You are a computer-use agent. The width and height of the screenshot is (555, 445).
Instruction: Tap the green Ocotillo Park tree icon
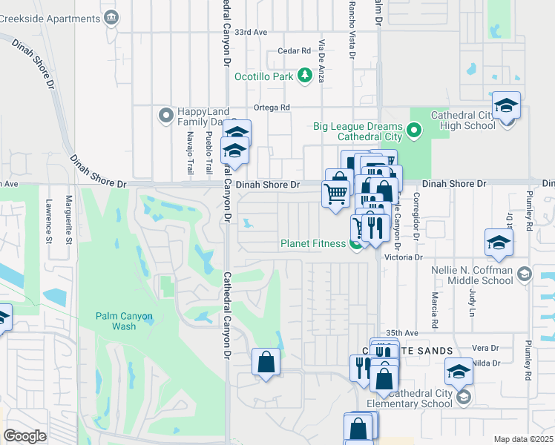click(303, 76)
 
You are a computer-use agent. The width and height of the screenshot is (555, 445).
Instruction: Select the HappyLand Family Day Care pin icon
click(165, 116)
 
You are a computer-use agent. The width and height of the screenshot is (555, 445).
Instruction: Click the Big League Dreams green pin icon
click(414, 132)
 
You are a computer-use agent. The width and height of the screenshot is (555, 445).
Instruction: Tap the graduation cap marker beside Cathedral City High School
click(506, 107)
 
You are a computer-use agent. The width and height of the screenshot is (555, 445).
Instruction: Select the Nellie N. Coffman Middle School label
click(472, 275)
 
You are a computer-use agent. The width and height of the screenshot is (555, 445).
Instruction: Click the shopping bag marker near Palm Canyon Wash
click(266, 363)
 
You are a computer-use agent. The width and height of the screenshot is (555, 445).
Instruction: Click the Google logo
click(25, 436)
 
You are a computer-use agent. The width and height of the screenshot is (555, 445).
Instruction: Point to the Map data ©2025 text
click(524, 439)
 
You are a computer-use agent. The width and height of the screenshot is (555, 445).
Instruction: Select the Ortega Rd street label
click(272, 108)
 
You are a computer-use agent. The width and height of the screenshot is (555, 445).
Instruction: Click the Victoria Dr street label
click(403, 257)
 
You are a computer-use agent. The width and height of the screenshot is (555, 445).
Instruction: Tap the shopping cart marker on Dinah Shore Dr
click(335, 194)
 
